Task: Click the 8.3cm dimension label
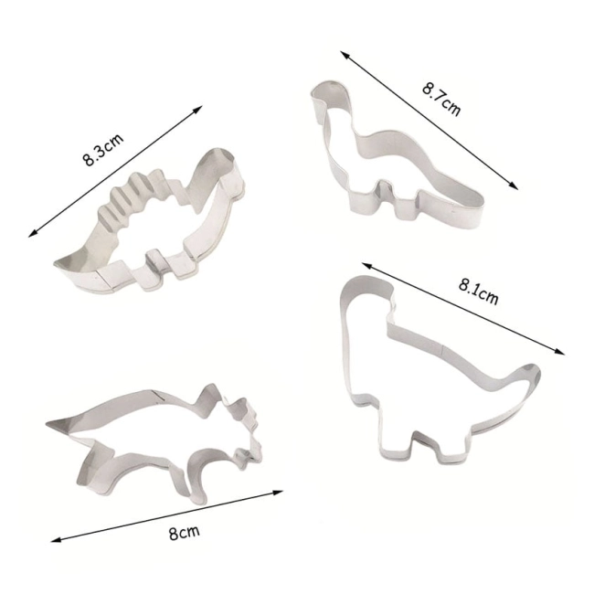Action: (x=103, y=149)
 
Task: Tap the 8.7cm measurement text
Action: (x=441, y=100)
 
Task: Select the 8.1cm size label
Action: (x=478, y=292)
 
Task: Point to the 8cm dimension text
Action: (x=184, y=533)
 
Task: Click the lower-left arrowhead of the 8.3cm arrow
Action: (x=33, y=234)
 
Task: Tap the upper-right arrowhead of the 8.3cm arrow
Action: (x=198, y=109)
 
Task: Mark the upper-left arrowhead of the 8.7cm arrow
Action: (x=345, y=55)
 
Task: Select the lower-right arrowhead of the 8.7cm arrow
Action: (x=514, y=186)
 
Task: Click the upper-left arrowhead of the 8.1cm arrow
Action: (x=366, y=265)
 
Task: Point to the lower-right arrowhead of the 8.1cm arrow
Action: (x=560, y=352)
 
